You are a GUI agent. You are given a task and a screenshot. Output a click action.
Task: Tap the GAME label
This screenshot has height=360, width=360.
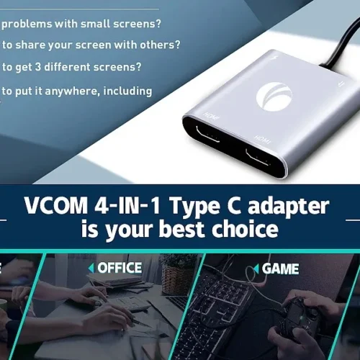280,269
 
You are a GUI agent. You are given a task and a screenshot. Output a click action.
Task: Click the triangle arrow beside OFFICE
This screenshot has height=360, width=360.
91,268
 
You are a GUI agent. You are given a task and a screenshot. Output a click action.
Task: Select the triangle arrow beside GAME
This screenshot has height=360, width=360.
256,269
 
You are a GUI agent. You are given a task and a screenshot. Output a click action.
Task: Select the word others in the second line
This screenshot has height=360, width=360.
161,45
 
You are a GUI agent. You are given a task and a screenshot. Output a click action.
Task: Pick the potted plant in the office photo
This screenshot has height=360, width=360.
176,274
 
